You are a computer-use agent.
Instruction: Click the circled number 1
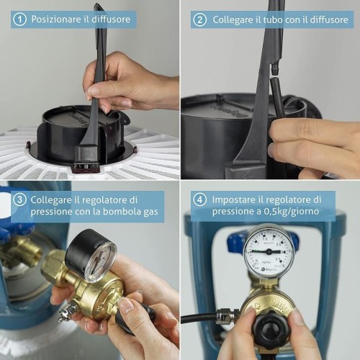pyautogui.click(x=19, y=19)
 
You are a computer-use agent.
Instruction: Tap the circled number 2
pyautogui.click(x=199, y=19)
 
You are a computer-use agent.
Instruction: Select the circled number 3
pyautogui.click(x=19, y=199)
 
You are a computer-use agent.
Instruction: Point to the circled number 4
pyautogui.click(x=199, y=199)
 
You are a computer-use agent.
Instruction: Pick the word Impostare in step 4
pyautogui.click(x=234, y=199)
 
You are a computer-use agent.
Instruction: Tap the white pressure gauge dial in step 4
pyautogui.click(x=269, y=251)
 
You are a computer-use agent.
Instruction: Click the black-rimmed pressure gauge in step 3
pyautogui.click(x=91, y=256)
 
